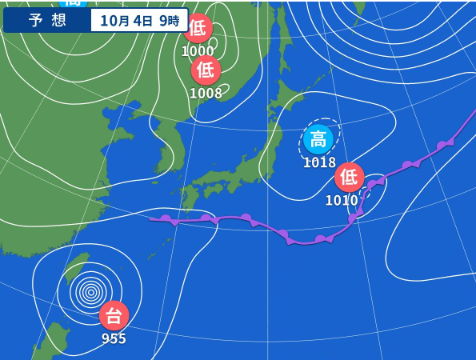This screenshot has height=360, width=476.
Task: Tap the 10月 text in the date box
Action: point(114,20)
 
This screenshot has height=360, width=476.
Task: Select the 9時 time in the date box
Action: point(170,20)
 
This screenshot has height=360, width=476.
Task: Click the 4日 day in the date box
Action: point(142,20)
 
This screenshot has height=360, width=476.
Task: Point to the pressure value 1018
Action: point(319,162)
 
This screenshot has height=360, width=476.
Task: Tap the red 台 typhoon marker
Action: point(114,315)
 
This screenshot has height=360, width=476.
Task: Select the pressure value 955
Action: point(114,338)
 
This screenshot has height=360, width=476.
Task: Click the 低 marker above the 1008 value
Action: point(206,70)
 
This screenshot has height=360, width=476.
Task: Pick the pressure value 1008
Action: point(206,93)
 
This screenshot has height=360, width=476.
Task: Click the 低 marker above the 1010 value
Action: point(349,177)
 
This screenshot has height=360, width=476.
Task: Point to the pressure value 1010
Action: point(342,200)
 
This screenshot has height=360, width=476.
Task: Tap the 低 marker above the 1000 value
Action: point(198,29)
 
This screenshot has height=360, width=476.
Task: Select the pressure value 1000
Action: point(198,51)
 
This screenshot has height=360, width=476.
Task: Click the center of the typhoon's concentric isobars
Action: point(90,292)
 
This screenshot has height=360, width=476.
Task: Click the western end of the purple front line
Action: point(150,218)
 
